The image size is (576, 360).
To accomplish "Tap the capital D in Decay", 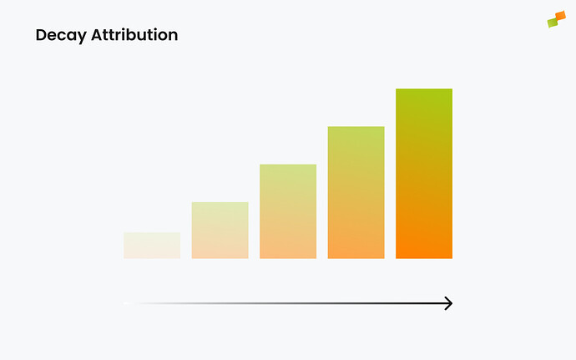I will [x=41, y=36].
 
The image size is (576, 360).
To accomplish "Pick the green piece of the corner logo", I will [x=552, y=23].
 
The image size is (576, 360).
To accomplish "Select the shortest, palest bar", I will [x=152, y=245].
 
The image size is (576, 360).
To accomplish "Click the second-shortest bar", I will [x=220, y=230].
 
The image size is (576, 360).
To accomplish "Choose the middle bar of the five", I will [x=288, y=211].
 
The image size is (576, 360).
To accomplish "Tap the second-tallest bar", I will [x=356, y=192].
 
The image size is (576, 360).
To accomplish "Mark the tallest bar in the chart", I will [x=424, y=173].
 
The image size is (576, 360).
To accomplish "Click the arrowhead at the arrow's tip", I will [x=448, y=303].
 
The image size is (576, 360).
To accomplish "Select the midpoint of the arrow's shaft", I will [x=288, y=303].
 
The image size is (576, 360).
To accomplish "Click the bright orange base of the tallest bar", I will [x=424, y=251].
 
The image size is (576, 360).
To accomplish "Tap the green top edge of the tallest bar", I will [x=424, y=90].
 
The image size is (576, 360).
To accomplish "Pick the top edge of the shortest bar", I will [x=152, y=233].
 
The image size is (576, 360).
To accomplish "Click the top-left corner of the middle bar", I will [x=261, y=165].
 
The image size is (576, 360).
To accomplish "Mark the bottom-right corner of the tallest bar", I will [x=451, y=257].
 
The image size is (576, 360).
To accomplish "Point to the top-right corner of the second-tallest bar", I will [x=383, y=128].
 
